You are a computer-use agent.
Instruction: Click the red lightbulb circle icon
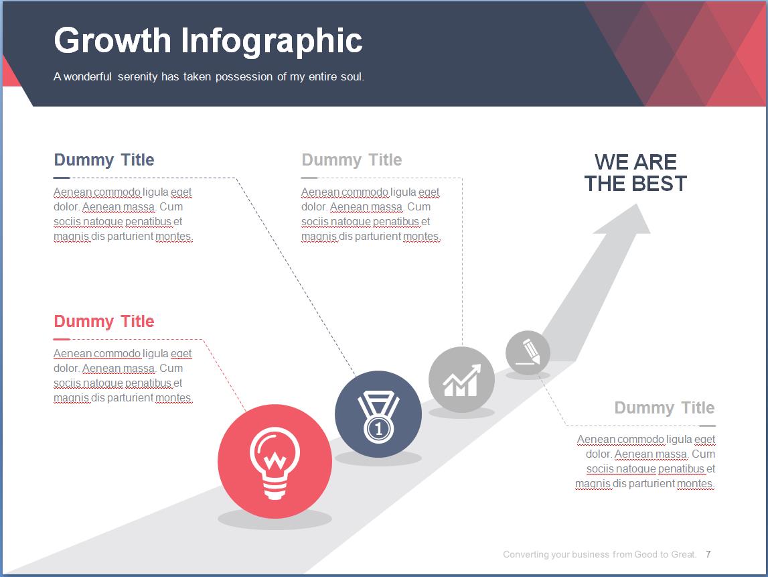click(275, 461)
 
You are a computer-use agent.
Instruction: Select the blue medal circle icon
click(378, 414)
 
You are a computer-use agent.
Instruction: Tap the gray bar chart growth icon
click(461, 379)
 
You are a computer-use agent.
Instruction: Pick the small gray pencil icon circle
click(528, 353)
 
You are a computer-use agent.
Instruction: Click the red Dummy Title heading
click(104, 322)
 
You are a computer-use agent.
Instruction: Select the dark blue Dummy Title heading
click(104, 159)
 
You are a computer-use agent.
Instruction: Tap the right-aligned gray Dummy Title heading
click(664, 408)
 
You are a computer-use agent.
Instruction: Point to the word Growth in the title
click(112, 40)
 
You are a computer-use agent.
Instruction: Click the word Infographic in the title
click(272, 41)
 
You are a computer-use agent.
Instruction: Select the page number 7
click(708, 554)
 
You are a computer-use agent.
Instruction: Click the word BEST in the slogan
click(660, 184)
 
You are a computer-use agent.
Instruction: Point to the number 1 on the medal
click(378, 430)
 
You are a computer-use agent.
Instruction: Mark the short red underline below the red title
click(62, 339)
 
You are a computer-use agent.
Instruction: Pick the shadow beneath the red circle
click(275, 519)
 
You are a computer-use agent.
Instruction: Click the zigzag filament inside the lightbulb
click(275, 460)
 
